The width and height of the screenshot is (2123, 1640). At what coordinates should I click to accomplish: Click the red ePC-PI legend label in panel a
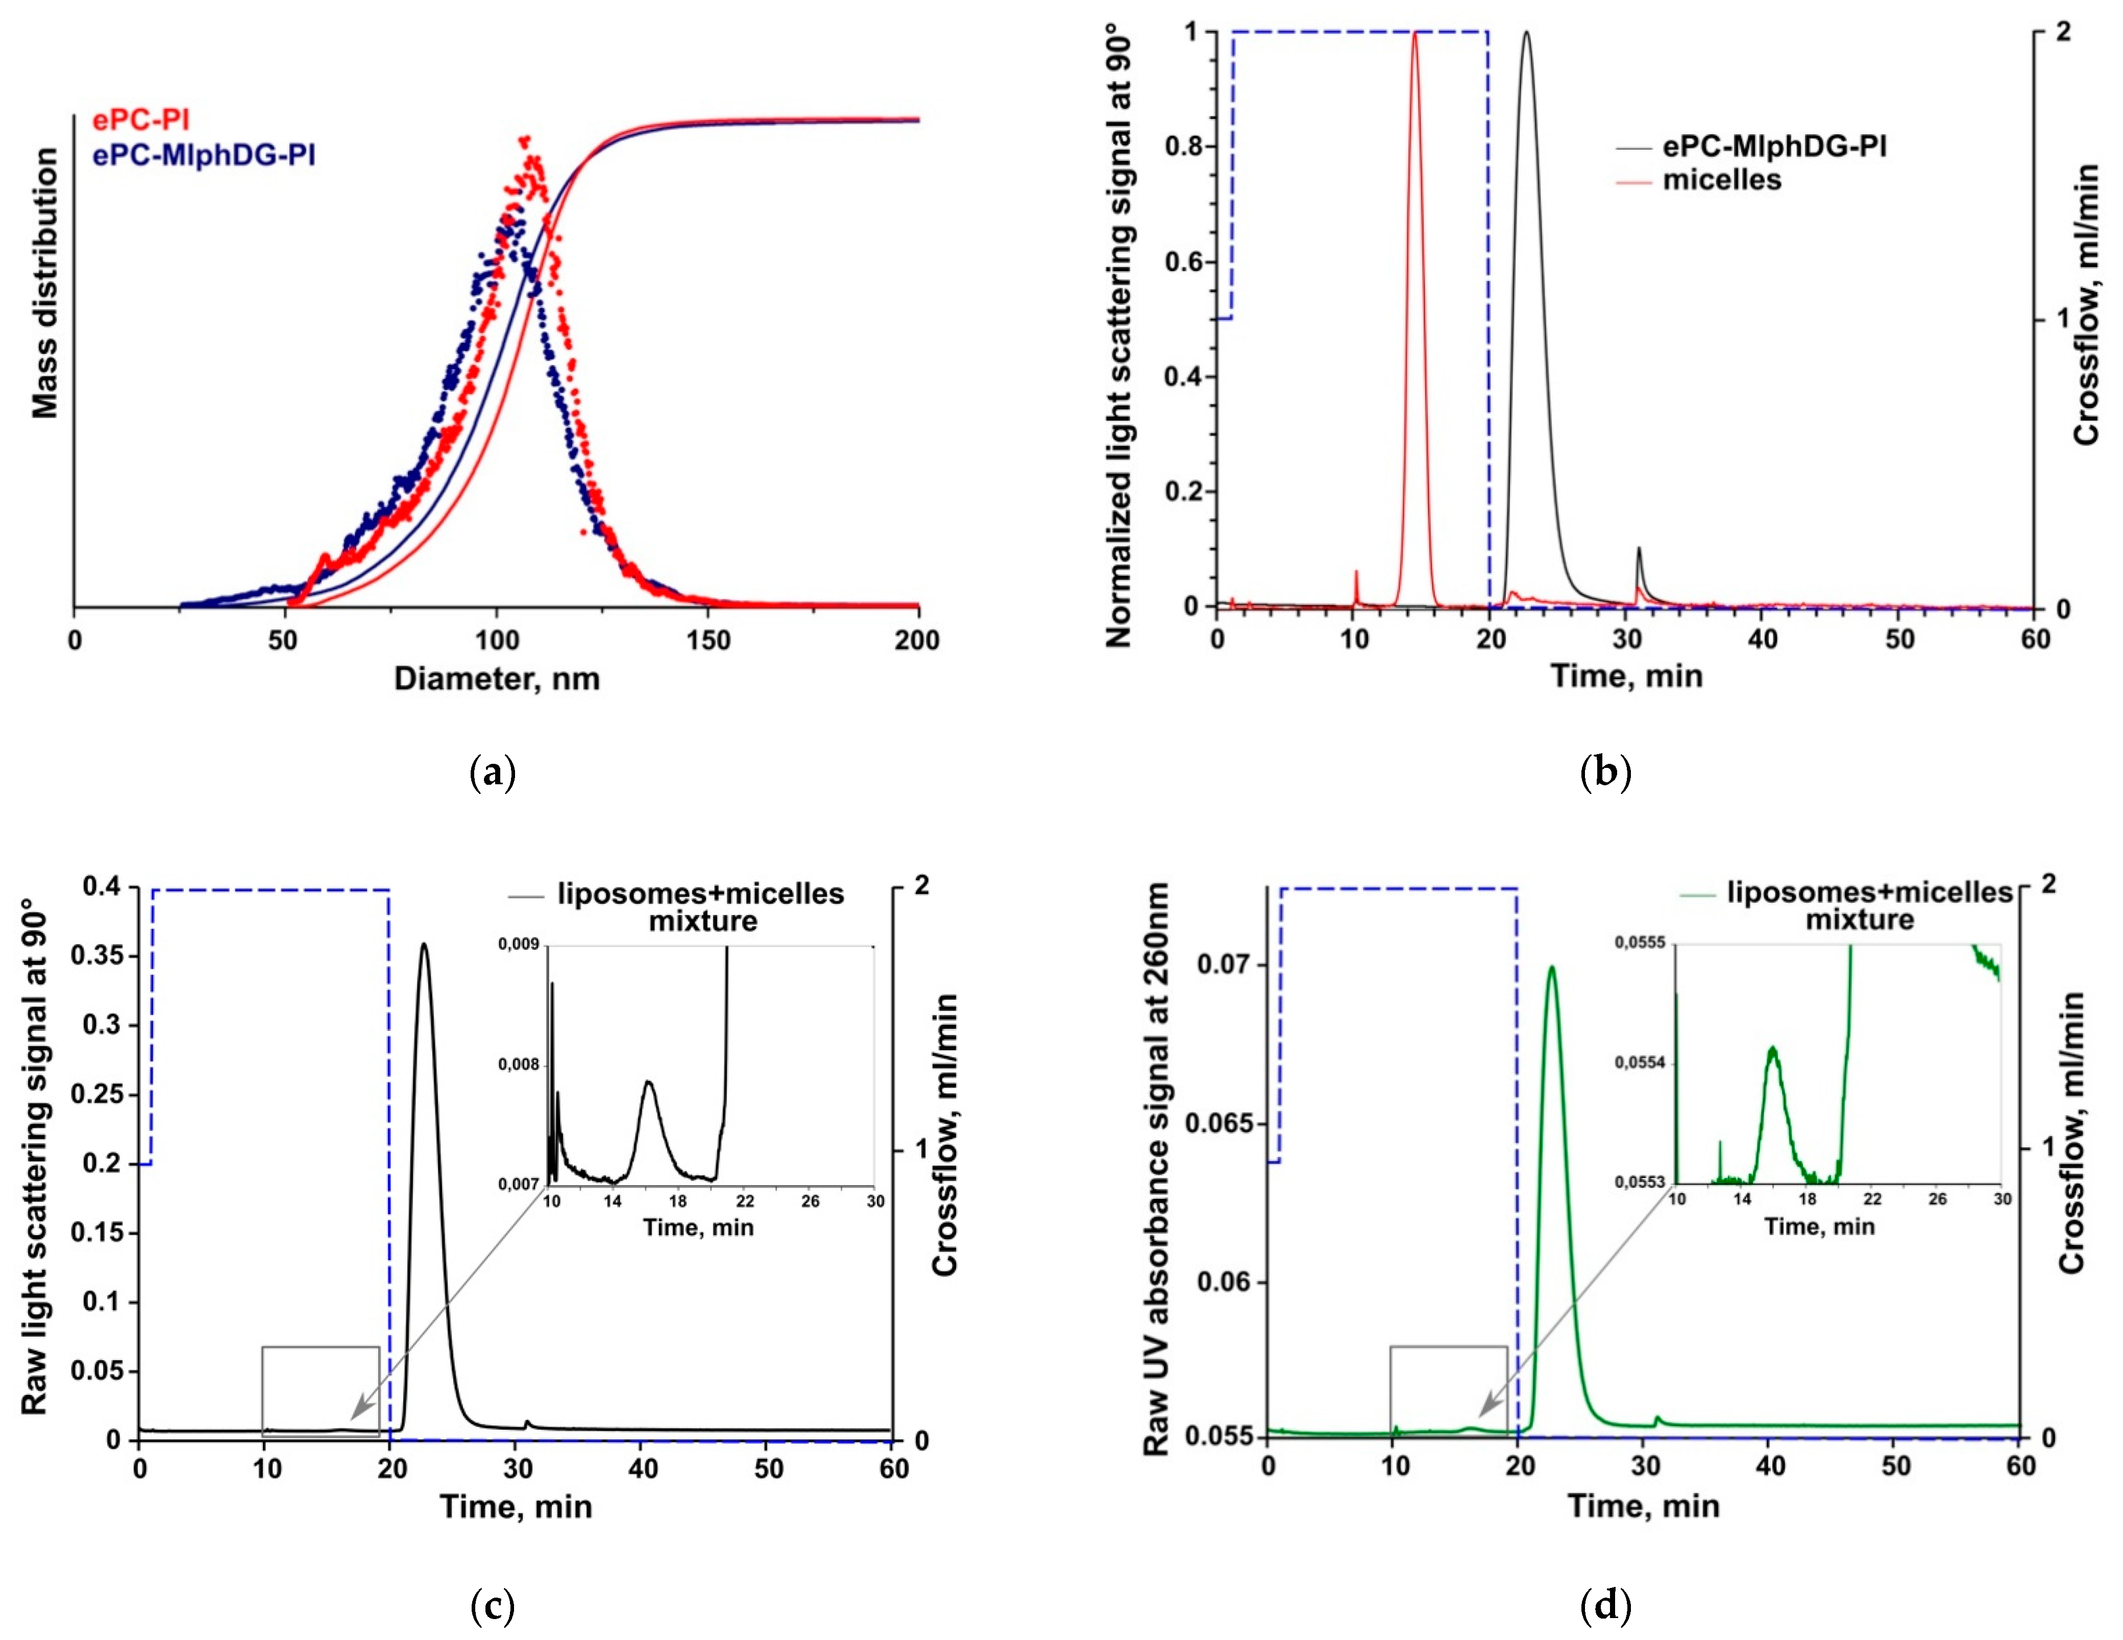click(141, 120)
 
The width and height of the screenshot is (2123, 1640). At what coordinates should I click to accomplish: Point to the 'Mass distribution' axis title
click(45, 282)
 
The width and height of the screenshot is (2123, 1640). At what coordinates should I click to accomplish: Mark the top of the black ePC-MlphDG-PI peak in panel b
click(1526, 33)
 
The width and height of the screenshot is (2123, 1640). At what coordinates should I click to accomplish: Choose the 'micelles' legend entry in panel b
click(1722, 180)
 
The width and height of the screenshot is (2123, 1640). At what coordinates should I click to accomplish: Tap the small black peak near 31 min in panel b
click(1639, 550)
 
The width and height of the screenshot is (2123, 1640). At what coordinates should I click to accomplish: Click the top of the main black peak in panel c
click(423, 944)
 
